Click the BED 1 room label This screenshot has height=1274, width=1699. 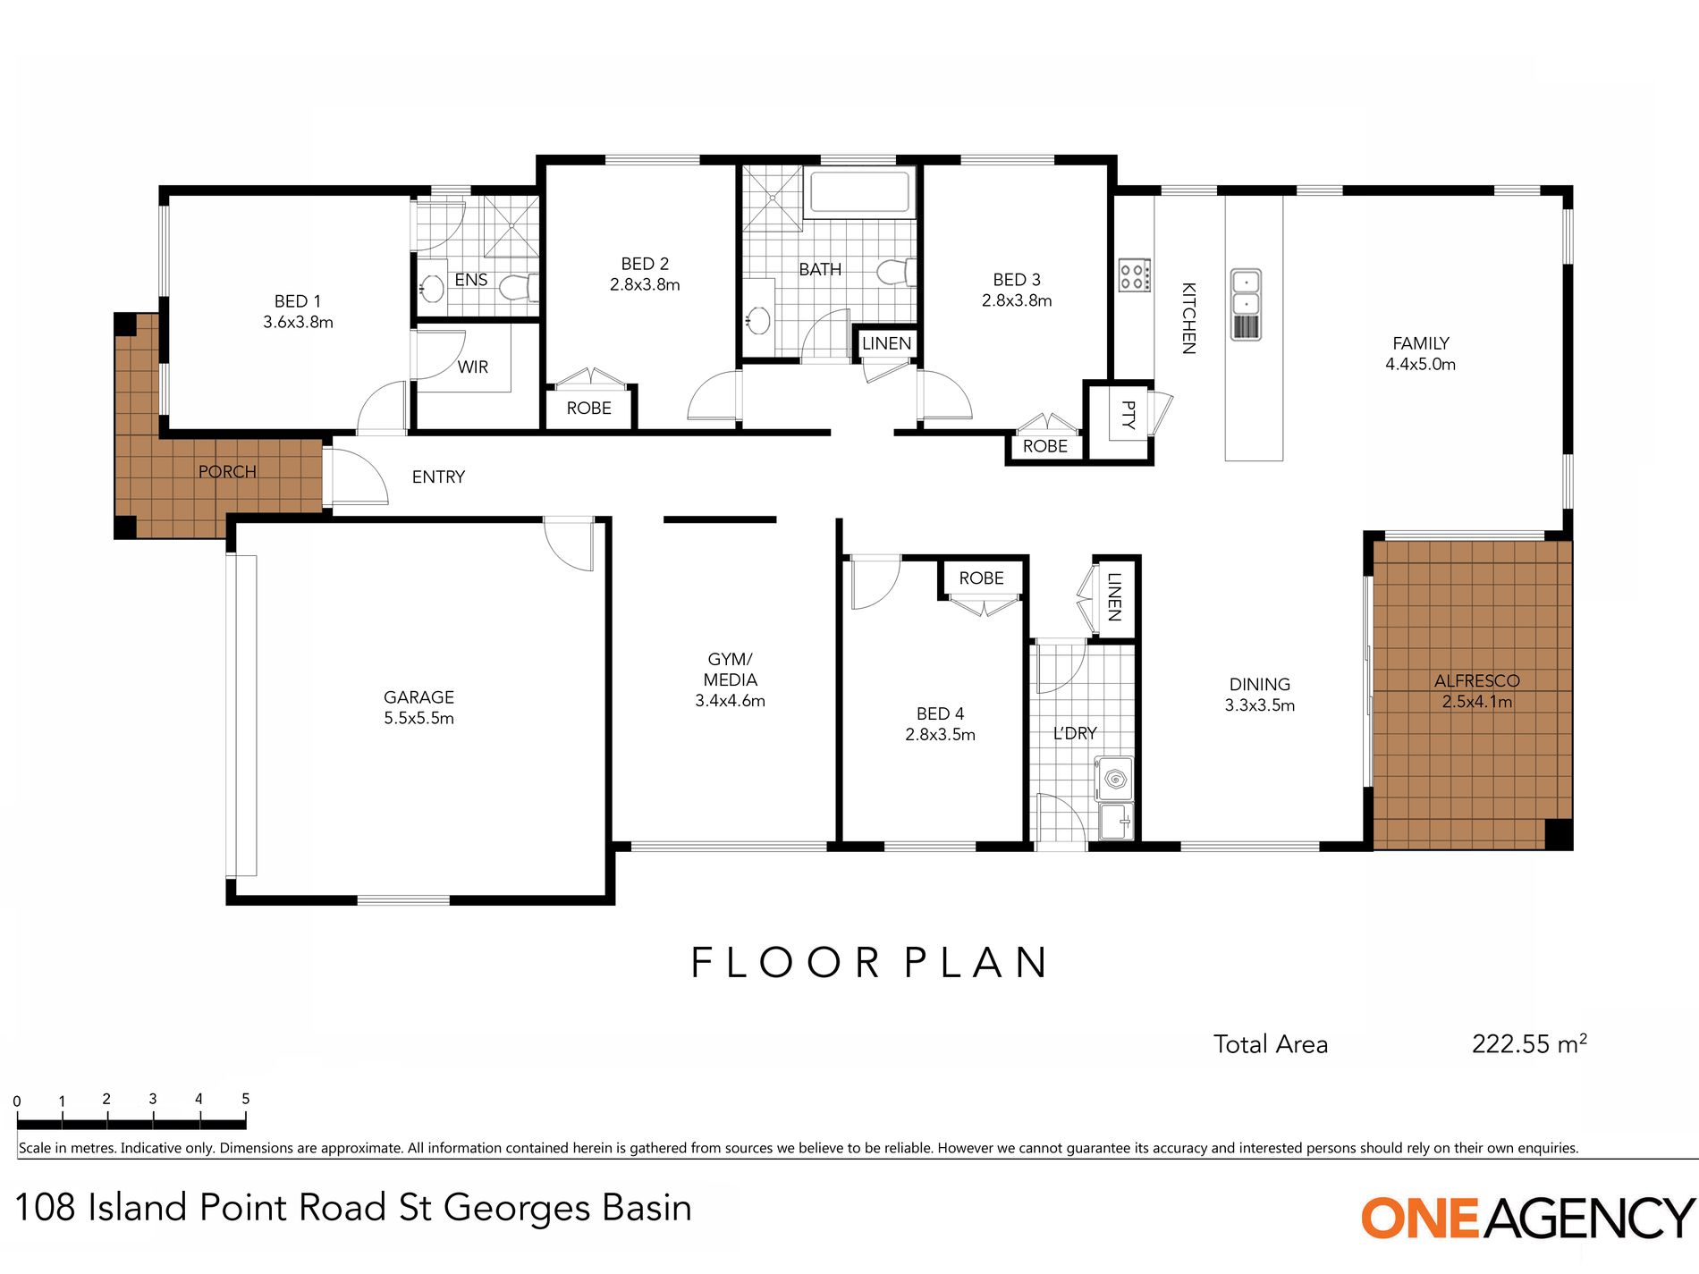coord(298,311)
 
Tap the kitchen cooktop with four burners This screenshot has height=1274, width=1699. coord(1135,274)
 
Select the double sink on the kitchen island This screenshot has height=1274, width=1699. coord(1246,304)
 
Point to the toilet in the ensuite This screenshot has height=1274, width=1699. coord(518,288)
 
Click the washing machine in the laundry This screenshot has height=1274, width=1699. coord(1114,779)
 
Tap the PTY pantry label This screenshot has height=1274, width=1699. coord(1128,414)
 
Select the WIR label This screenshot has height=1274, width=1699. coord(473,367)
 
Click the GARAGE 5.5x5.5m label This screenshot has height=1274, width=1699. coord(418,707)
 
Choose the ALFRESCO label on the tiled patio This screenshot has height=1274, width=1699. coord(1476,680)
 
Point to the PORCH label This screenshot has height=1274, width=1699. coord(227,471)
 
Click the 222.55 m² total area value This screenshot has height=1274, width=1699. coord(1529,1043)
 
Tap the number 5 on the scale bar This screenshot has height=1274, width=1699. coord(245,1099)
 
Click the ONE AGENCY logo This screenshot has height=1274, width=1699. coord(1527,1218)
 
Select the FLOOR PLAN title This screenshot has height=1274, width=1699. coord(868,963)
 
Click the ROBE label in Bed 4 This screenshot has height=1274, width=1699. coord(981,578)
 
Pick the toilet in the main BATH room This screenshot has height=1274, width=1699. coord(897,271)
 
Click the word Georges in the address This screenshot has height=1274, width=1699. coord(517,1209)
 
